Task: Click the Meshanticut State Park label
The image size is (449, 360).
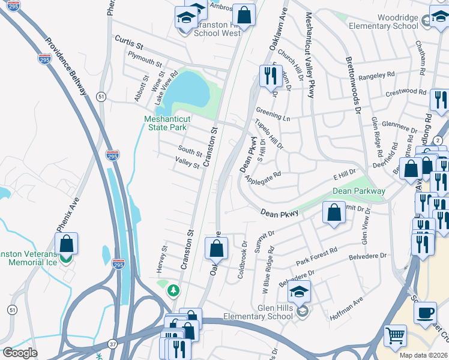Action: pyautogui.click(x=166, y=123)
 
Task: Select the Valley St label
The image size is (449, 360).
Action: pyautogui.click(x=187, y=162)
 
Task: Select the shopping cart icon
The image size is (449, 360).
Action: pyautogui.click(x=395, y=337)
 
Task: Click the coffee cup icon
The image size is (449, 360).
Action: pyautogui.click(x=426, y=313)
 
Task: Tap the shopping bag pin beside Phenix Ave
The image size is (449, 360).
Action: pyautogui.click(x=67, y=244)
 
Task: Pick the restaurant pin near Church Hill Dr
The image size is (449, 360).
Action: pyautogui.click(x=269, y=76)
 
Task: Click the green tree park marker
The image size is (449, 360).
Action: pyautogui.click(x=174, y=290)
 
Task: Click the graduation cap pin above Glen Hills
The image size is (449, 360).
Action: pyautogui.click(x=298, y=292)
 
